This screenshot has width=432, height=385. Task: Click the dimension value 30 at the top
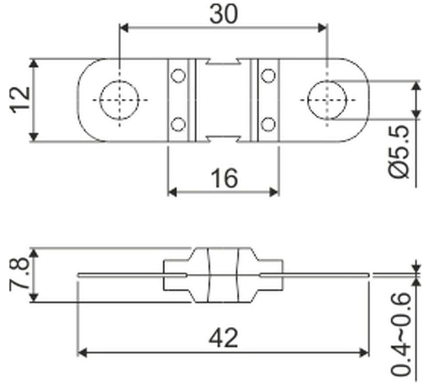tap(223, 14)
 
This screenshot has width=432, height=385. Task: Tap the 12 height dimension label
tap(20, 100)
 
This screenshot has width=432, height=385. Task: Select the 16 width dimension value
tap(224, 178)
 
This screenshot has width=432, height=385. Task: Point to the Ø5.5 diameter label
tap(399, 151)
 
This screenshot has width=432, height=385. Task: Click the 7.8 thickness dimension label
tap(19, 274)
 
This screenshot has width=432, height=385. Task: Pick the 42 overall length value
tap(223, 338)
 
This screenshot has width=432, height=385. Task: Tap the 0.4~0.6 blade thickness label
tap(400, 334)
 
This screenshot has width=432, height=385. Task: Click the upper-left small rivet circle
tap(178, 76)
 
